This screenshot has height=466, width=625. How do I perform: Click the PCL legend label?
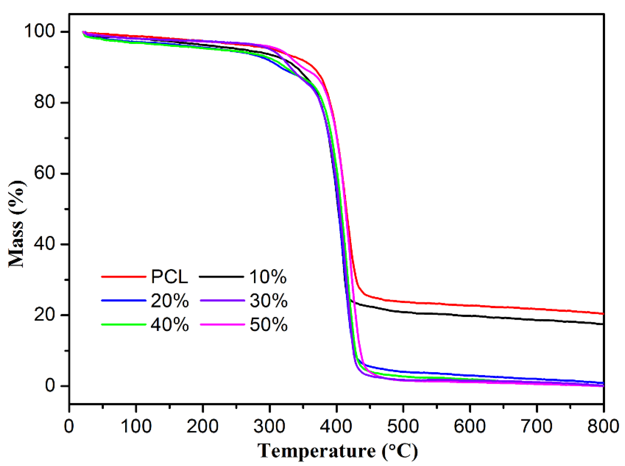tap(169, 277)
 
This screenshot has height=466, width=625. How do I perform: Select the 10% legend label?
tap(268, 277)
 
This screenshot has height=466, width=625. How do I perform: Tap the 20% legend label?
tap(170, 301)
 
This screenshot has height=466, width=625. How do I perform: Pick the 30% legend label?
tap(269, 301)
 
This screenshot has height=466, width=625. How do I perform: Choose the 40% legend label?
tap(170, 325)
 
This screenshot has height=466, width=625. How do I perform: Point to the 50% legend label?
tap(269, 325)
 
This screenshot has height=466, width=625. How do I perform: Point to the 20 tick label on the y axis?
tap(44, 314)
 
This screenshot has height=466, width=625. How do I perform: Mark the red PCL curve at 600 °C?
tap(470, 306)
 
